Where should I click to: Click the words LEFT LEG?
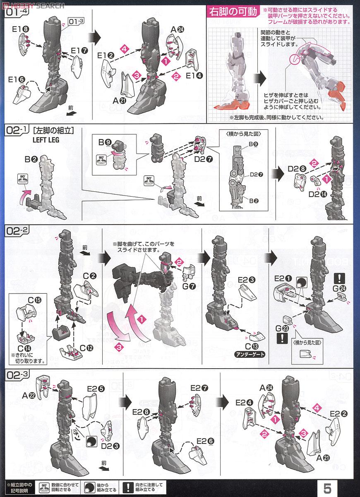[46, 140]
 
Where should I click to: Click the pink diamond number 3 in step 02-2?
[120, 347]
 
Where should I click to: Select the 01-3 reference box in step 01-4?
[77, 20]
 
